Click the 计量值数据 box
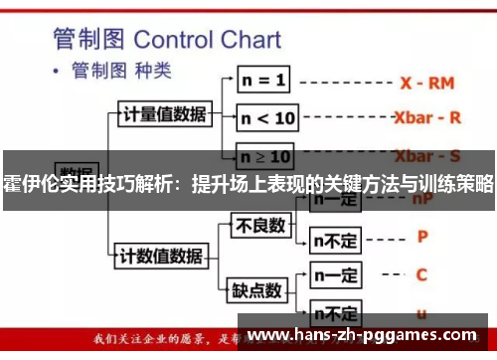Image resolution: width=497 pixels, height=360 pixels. coord(164,113)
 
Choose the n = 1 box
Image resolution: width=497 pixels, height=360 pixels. coord(263,78)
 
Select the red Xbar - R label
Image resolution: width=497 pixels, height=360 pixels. coord(427,116)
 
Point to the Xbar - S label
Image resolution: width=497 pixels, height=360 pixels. coord(427,156)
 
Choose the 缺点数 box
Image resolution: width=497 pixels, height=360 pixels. coord(257,290)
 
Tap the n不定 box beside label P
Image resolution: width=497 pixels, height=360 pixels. coord(336,239)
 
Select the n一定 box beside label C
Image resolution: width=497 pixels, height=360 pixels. coord(336,272)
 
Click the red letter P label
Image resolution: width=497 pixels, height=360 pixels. coord(421,238)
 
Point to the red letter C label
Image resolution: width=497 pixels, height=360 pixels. coord(421,272)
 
